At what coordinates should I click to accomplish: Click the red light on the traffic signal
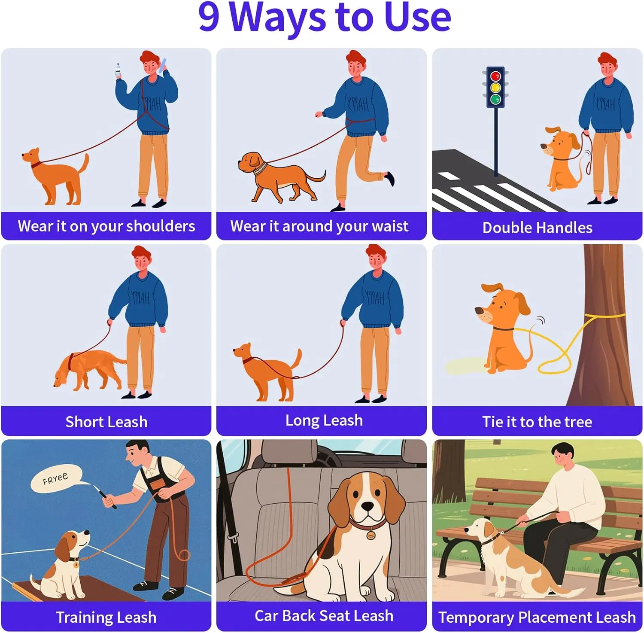coord(495,76)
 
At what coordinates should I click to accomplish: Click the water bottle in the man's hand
coord(118,70)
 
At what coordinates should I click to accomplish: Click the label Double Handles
coord(537,228)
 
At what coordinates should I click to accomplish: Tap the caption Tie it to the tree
coord(537,422)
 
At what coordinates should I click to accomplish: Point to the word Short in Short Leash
coord(84,422)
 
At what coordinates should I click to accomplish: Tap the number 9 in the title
coord(209,16)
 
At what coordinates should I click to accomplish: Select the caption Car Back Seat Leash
coord(324,616)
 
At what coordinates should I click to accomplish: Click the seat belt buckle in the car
coord(234,537)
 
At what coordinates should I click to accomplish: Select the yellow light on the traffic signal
coord(495,88)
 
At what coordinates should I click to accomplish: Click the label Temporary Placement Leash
coord(537,617)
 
